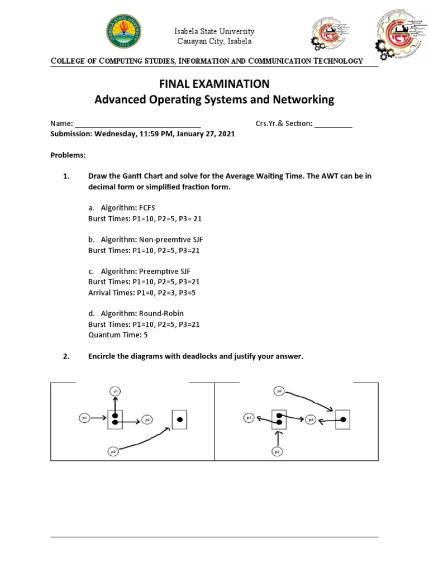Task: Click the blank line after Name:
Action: (137, 124)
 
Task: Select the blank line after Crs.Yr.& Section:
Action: (333, 124)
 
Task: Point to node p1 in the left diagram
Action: (116, 392)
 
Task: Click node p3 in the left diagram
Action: (85, 417)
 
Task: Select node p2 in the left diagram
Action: (113, 451)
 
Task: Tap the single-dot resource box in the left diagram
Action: (179, 419)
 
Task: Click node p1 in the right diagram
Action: (279, 392)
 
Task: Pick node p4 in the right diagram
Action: (312, 418)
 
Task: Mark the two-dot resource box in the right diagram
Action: (279, 419)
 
